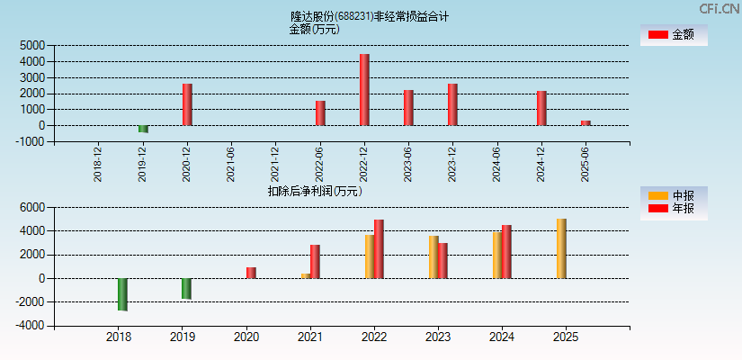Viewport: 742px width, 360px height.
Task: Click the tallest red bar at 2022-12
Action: (x=364, y=90)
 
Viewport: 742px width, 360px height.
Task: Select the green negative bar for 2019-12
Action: (x=143, y=129)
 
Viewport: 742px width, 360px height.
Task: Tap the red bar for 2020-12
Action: (x=187, y=104)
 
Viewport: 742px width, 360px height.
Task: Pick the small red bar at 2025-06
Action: (x=586, y=122)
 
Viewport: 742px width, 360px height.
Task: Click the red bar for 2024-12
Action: (x=541, y=108)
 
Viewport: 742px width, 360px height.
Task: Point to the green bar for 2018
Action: (x=122, y=294)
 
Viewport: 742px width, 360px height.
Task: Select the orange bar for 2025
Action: (x=561, y=248)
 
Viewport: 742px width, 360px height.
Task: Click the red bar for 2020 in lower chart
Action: (x=251, y=273)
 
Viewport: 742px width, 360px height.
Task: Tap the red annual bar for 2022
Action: (x=379, y=249)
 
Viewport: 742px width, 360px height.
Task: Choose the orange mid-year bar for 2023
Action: (x=434, y=256)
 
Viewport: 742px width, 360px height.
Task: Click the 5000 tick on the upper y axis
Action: (x=31, y=45)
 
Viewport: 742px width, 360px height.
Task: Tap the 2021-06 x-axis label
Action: (x=231, y=165)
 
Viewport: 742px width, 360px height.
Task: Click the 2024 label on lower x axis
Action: (x=502, y=337)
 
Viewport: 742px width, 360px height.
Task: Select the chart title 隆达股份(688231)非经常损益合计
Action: (x=370, y=16)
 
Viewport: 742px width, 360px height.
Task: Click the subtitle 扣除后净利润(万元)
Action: (x=315, y=191)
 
